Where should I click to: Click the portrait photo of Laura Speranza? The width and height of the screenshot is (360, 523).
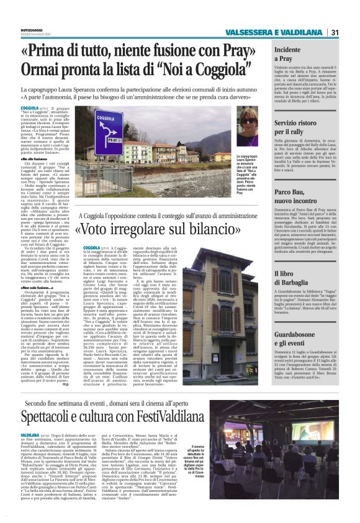248,127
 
